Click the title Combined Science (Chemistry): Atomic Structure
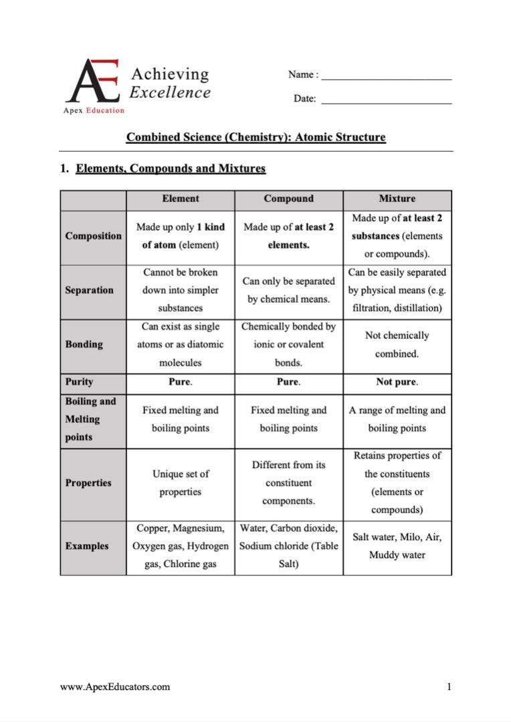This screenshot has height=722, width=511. [255, 138]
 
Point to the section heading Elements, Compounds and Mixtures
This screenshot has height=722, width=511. [170, 168]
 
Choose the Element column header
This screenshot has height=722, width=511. [180, 199]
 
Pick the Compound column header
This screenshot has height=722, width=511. [288, 199]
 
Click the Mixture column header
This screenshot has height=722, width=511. [397, 199]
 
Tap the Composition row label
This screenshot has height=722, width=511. [93, 236]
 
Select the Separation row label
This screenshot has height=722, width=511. [89, 290]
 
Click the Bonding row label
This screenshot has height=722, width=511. [84, 344]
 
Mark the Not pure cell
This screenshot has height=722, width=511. [397, 382]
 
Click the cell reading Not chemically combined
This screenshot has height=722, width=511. [397, 344]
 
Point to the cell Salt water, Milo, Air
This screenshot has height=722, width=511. [397, 546]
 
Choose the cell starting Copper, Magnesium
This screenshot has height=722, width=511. [180, 546]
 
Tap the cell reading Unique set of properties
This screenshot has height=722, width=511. [180, 483]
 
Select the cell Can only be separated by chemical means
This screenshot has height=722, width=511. [288, 290]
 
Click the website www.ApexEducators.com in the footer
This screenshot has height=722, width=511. [114, 687]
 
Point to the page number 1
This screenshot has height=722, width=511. [449, 687]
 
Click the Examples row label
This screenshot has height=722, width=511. [86, 546]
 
